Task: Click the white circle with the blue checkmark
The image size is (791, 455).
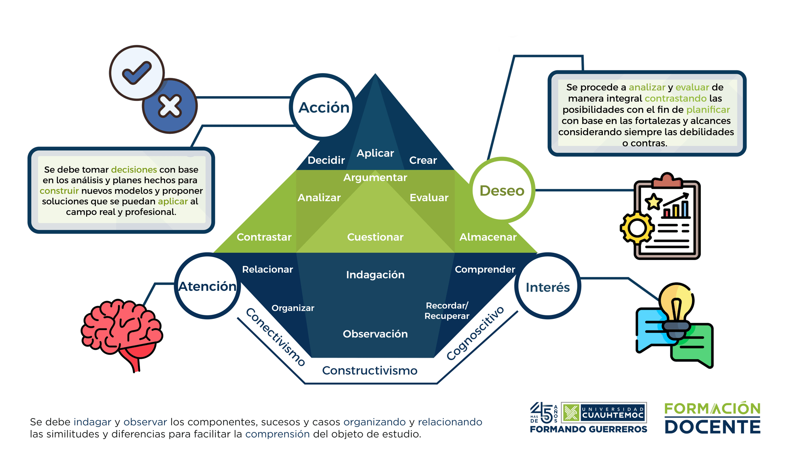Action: (x=136, y=72)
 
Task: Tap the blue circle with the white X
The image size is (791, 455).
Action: (x=170, y=106)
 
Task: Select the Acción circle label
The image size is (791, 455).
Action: (x=324, y=108)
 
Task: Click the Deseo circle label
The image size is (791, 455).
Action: (x=502, y=191)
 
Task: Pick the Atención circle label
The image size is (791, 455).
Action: (x=207, y=286)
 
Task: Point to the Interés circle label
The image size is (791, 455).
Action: (x=548, y=287)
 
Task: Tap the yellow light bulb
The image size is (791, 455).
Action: (x=676, y=305)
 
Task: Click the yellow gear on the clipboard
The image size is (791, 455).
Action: (x=637, y=228)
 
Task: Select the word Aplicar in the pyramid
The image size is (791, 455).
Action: (x=375, y=153)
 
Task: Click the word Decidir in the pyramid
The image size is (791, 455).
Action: (x=326, y=160)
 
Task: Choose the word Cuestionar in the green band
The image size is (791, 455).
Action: (x=375, y=237)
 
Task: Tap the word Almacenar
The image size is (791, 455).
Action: (x=488, y=237)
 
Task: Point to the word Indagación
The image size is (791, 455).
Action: (x=375, y=275)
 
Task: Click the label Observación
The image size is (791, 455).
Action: (x=375, y=334)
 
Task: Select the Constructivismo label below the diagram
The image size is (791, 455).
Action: (x=370, y=371)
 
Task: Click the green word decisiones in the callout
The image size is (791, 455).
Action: (x=134, y=169)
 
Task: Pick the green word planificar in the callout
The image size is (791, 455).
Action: (x=708, y=110)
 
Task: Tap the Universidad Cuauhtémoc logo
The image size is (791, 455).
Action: (x=604, y=413)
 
